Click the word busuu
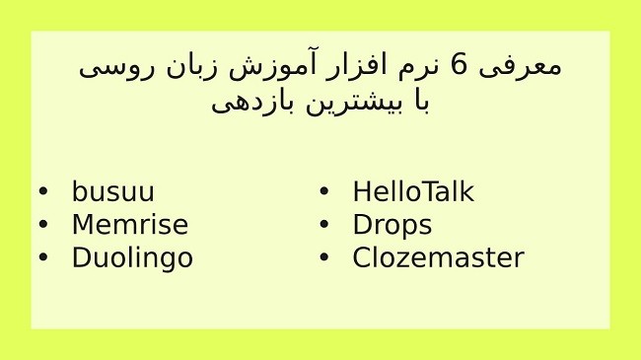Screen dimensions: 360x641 (x=112, y=192)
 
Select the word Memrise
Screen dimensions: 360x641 (x=129, y=225)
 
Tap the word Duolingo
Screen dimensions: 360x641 (x=132, y=258)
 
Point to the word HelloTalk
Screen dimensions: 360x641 (x=412, y=192)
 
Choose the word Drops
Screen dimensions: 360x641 (x=392, y=226)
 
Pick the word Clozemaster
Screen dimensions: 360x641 (x=437, y=258)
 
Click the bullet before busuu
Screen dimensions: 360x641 (x=42, y=193)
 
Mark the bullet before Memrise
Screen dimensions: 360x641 (x=42, y=226)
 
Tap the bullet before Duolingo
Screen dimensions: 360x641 (x=42, y=258)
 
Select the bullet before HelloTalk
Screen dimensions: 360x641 (x=323, y=193)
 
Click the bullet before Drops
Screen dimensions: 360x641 (x=323, y=226)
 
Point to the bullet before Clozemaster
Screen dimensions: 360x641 (x=323, y=258)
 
